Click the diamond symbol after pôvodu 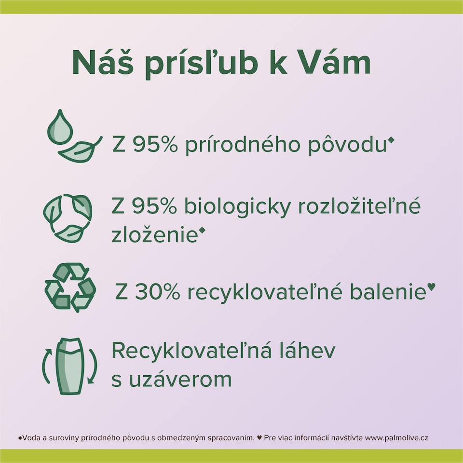point(390,140)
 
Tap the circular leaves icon point(68,218)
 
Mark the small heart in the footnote point(259,438)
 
